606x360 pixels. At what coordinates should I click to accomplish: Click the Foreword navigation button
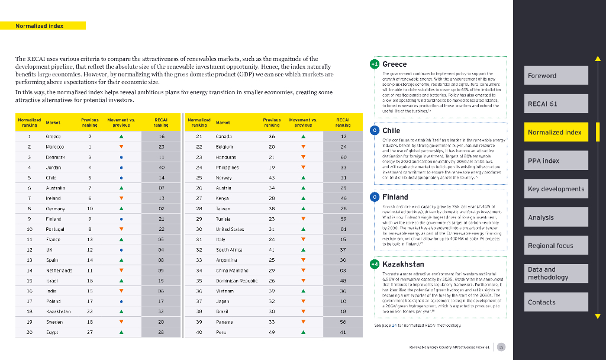point(558,76)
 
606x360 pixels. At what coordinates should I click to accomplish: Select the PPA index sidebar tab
point(558,160)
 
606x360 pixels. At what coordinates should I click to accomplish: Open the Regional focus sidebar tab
point(558,245)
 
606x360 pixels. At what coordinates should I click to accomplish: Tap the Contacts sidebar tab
point(558,302)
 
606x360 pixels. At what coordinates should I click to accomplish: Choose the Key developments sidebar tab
point(558,189)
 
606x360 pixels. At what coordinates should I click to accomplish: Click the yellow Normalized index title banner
point(50,25)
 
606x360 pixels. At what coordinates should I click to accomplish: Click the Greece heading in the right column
point(394,64)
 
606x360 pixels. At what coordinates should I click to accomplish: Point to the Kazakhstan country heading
point(403,264)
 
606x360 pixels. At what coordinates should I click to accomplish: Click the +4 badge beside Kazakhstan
point(374,264)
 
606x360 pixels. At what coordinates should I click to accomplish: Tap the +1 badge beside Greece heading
point(374,64)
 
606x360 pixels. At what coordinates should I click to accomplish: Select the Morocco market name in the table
point(55,146)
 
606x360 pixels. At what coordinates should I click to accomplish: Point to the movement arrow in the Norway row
point(303,178)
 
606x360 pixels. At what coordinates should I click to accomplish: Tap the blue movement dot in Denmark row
point(121,157)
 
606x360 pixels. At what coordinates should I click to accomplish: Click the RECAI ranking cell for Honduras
point(343,157)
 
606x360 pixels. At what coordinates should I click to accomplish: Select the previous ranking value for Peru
point(272,332)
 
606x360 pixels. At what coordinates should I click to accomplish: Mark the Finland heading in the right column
point(395,197)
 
